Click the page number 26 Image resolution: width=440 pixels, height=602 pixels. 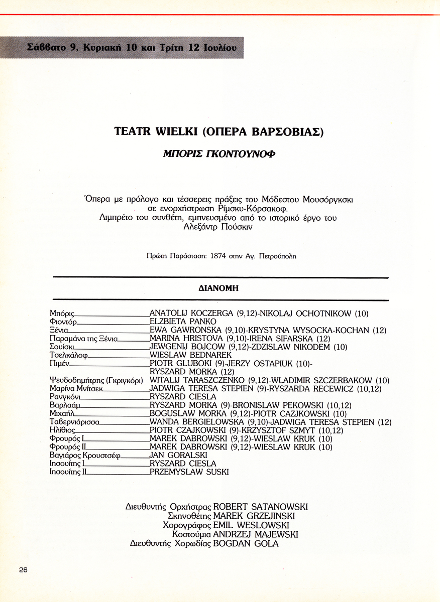coord(23,569)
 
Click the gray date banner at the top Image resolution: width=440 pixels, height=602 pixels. coord(122,48)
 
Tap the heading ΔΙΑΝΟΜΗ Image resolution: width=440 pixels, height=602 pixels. coord(218,288)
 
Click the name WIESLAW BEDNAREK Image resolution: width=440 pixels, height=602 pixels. coord(190,355)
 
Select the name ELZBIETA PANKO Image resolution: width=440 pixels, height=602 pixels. coord(183,322)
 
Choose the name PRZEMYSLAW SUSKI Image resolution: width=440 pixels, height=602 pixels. coord(189,472)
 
